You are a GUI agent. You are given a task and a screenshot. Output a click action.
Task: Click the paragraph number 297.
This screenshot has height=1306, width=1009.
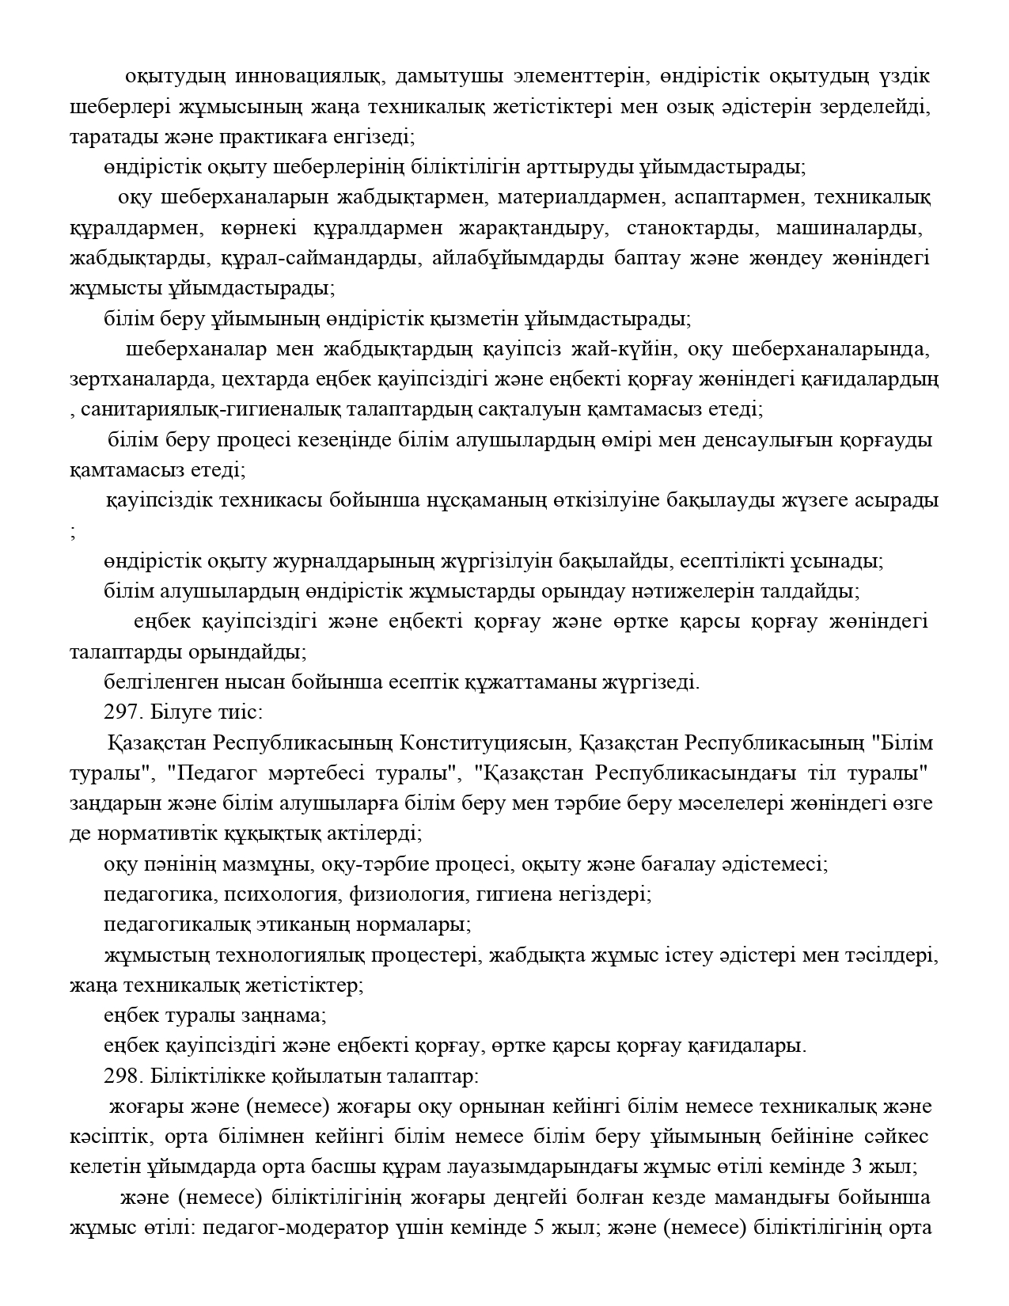pyautogui.click(x=122, y=712)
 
